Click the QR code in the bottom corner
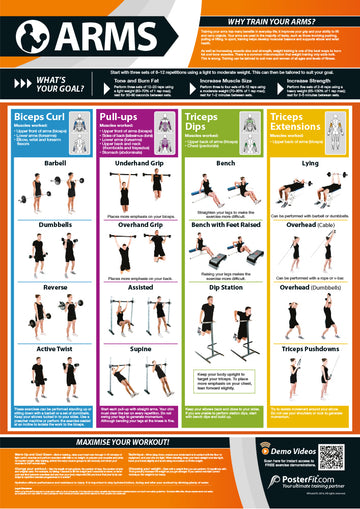(332, 458)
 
